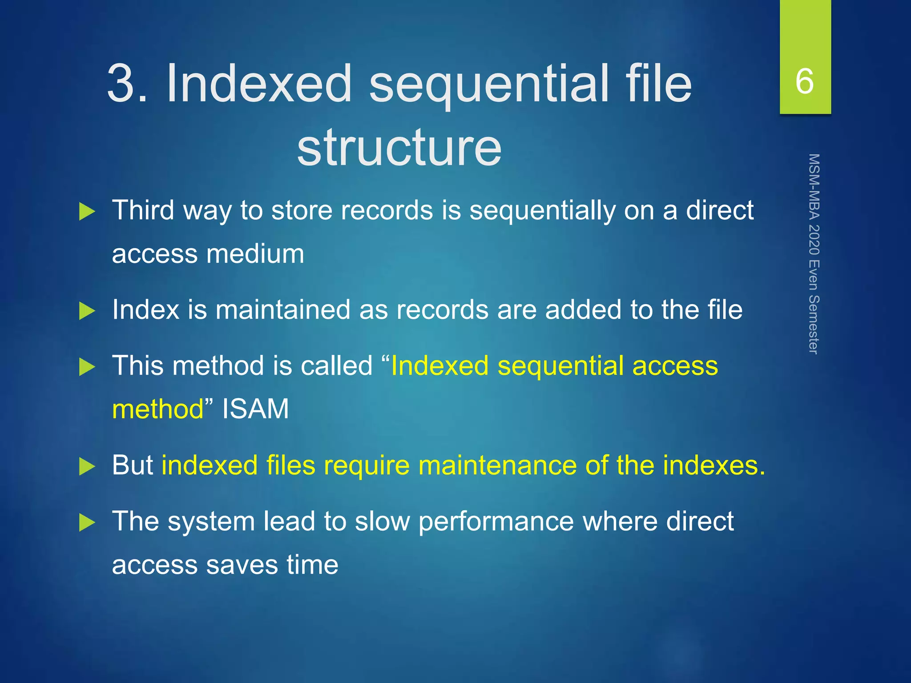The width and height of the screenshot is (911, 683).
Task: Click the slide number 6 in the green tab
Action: point(805,81)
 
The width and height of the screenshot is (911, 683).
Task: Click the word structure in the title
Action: point(399,147)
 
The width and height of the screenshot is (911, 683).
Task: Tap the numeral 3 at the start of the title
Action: point(121,83)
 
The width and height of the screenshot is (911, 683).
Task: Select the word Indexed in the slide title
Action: point(259,83)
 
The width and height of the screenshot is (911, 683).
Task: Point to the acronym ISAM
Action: point(255,409)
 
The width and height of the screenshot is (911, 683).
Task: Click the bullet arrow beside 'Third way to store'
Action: point(87,212)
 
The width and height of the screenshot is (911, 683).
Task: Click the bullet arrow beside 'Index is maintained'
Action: point(87,311)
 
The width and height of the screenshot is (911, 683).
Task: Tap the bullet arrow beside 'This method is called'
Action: point(87,367)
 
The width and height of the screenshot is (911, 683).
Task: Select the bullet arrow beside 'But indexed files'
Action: point(87,467)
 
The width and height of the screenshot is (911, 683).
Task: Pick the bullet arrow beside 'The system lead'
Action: point(87,522)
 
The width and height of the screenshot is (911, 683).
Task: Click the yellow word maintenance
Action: point(497,466)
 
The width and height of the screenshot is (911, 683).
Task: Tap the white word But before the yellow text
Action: point(132,466)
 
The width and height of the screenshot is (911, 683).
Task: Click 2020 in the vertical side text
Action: point(814,240)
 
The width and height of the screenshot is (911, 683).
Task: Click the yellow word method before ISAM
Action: point(158,409)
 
